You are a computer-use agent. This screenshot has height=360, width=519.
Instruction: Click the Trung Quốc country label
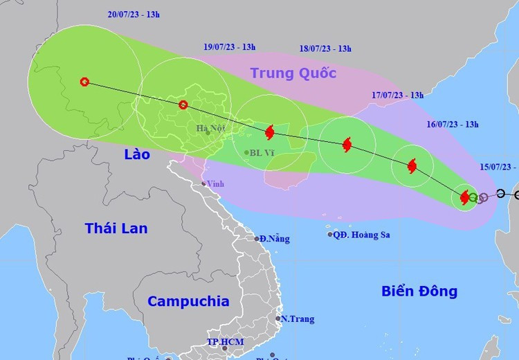pyautogui.click(x=293, y=73)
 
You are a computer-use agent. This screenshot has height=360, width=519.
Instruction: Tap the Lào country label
pyautogui.click(x=137, y=154)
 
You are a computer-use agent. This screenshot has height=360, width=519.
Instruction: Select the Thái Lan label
pyautogui.click(x=116, y=228)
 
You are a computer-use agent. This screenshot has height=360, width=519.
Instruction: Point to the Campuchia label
pyautogui.click(x=188, y=301)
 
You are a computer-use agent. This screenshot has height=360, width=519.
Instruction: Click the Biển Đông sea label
pyautogui.click(x=419, y=291)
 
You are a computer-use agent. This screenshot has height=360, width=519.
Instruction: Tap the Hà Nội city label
pyautogui.click(x=211, y=127)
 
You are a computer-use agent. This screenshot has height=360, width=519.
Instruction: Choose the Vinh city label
pyautogui.click(x=215, y=183)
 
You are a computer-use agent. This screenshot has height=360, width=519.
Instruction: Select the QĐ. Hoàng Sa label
pyautogui.click(x=361, y=235)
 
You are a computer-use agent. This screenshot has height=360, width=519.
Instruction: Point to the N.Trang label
pyautogui.click(x=298, y=319)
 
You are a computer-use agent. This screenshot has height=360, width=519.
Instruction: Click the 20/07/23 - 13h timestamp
pyautogui.click(x=134, y=14)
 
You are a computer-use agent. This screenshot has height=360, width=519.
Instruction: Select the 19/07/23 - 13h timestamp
pyautogui.click(x=230, y=47)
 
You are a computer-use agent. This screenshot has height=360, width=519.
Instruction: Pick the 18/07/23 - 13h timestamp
pyautogui.click(x=325, y=48)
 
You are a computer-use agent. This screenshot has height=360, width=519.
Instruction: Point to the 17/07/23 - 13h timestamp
pyautogui.click(x=397, y=95)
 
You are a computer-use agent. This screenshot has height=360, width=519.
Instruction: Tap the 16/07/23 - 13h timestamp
pyautogui.click(x=453, y=125)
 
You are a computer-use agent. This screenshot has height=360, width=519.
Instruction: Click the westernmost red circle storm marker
pyautogui.click(x=84, y=82)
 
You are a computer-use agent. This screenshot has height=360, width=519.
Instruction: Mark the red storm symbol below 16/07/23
pyautogui.click(x=412, y=166)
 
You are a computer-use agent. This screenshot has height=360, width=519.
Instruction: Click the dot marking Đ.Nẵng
pyautogui.click(x=256, y=239)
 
